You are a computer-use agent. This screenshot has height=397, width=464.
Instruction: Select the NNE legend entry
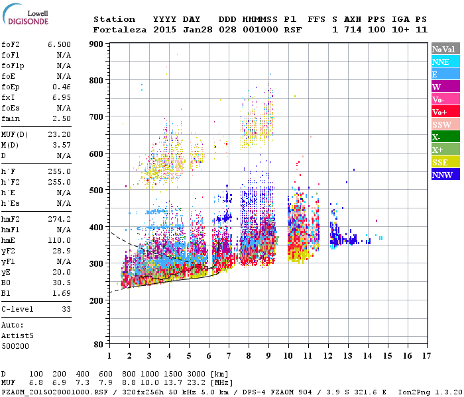click(x=440, y=62)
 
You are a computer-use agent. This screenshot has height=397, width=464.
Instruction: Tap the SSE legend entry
click(x=440, y=162)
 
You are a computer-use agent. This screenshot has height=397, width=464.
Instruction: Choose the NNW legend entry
click(x=442, y=175)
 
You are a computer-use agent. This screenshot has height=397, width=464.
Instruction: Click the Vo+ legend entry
click(x=439, y=112)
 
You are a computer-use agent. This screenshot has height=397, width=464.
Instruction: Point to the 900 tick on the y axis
click(x=97, y=44)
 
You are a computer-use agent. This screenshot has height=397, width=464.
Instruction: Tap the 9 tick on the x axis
click(x=268, y=357)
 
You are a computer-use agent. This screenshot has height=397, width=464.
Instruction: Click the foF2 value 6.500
click(x=59, y=44)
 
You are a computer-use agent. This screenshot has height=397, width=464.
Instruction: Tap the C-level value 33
click(x=66, y=309)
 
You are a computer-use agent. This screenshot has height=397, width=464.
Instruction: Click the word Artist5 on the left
click(x=17, y=335)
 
